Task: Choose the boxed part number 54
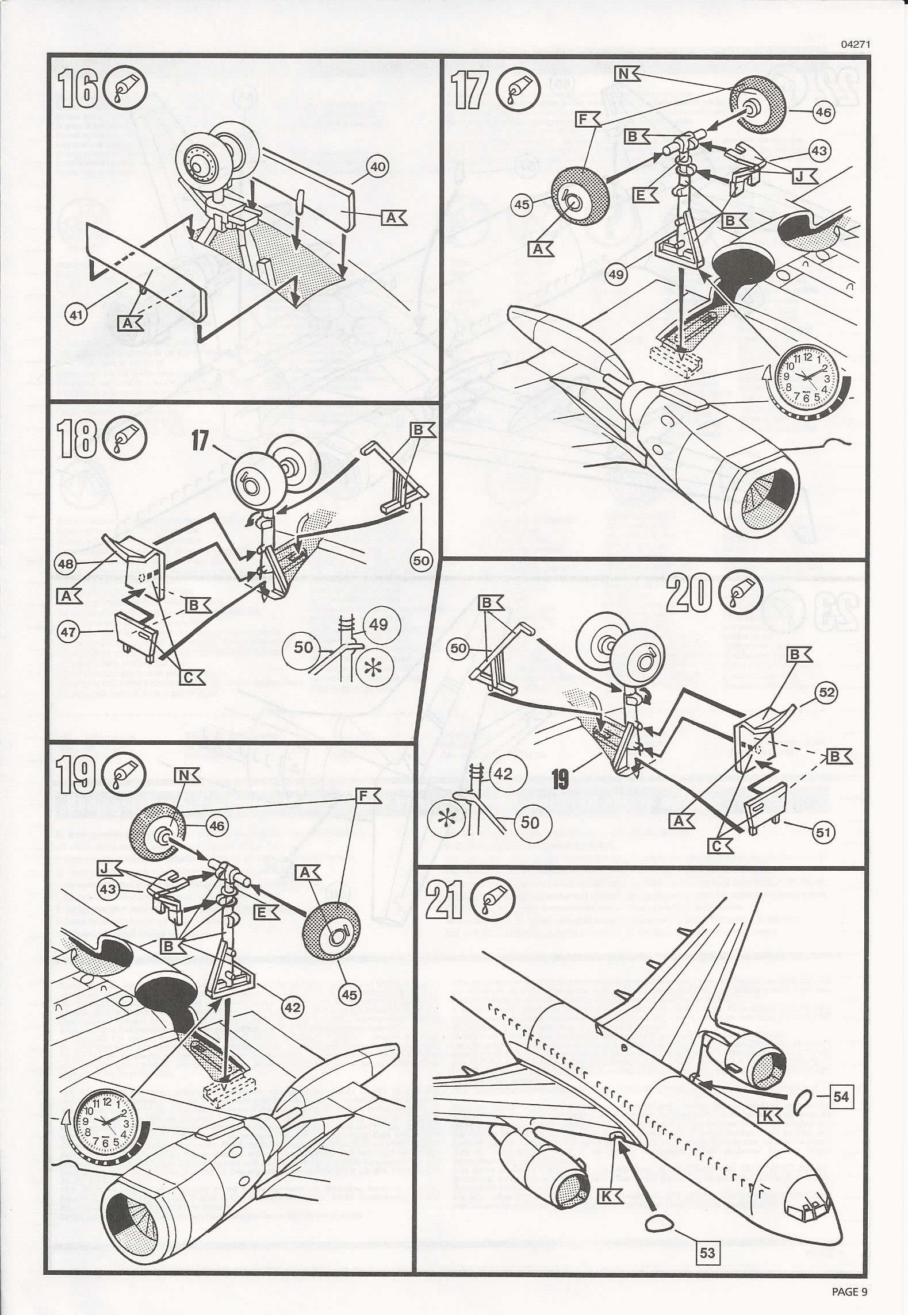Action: (841, 1096)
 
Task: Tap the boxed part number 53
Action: (707, 1264)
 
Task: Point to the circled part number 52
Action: (826, 693)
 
